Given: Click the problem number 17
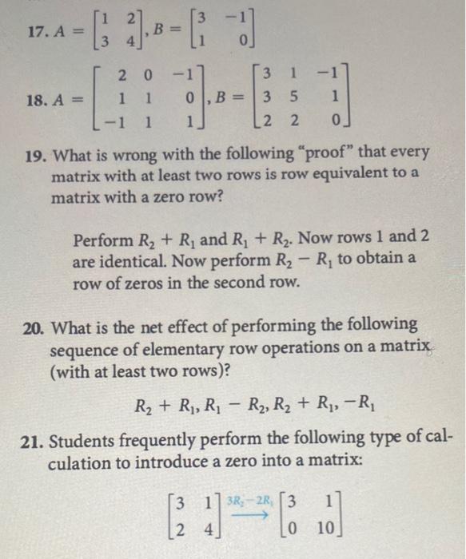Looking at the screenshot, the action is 15,32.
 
